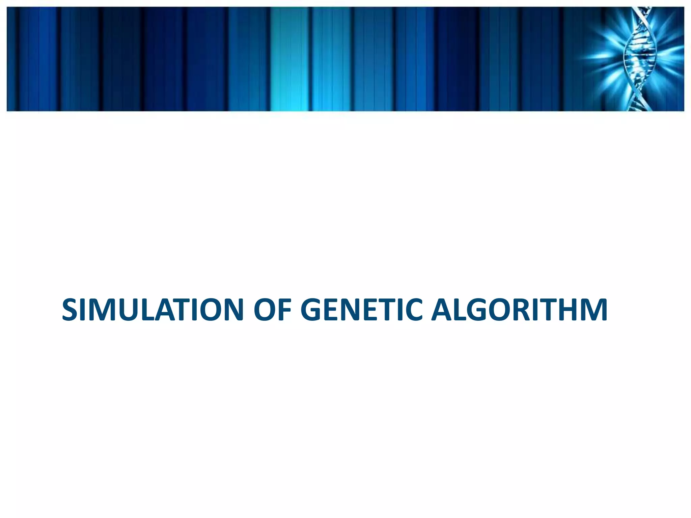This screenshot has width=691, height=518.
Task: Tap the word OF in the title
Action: click(x=273, y=310)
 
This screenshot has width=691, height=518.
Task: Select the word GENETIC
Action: click(x=361, y=310)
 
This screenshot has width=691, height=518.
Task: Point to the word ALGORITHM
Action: click(x=520, y=310)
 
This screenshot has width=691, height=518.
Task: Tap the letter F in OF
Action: click(x=285, y=310)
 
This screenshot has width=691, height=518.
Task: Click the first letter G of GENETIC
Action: click(x=312, y=310)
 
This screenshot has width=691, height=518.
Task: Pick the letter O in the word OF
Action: click(x=265, y=310)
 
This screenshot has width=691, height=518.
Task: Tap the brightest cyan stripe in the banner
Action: click(x=289, y=59)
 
